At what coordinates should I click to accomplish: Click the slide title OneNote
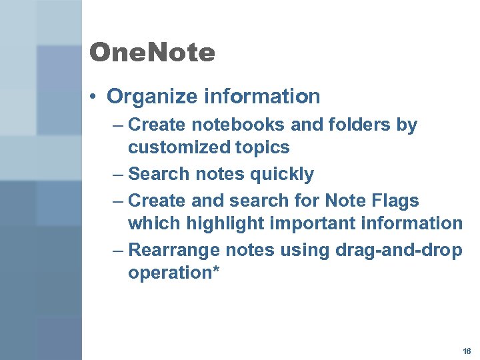click(x=152, y=53)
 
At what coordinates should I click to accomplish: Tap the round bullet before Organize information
click(x=97, y=97)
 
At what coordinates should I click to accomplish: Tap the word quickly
click(x=281, y=175)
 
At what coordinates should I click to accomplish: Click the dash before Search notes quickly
click(x=118, y=175)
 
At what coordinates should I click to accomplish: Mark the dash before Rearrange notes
click(x=118, y=250)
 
